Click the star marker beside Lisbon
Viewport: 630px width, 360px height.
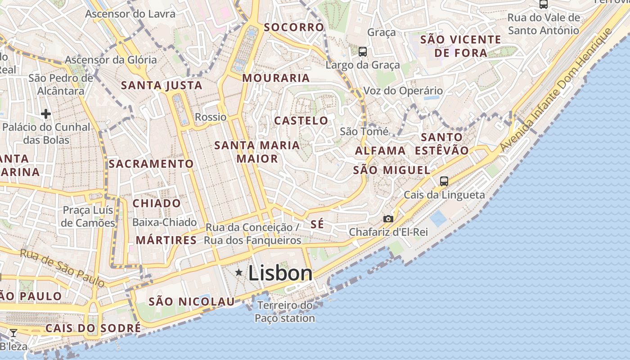tap(239, 272)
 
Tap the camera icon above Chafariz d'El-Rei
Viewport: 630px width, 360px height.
tap(388, 219)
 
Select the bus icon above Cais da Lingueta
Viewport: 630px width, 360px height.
tap(444, 181)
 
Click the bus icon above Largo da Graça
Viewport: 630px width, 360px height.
tap(363, 52)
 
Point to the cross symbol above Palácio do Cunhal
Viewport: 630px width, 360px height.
tap(45, 114)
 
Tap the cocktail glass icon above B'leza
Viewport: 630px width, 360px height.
tap(13, 333)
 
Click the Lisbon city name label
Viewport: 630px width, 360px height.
tap(280, 273)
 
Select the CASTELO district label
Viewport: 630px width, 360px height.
tap(301, 121)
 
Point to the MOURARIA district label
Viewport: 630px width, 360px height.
tap(276, 78)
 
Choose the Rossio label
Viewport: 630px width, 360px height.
tap(211, 117)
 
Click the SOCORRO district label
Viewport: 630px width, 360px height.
tap(294, 27)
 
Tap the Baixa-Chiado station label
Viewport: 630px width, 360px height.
tap(164, 222)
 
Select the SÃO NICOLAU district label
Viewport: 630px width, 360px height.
tap(192, 301)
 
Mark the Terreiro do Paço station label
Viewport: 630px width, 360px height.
tap(285, 312)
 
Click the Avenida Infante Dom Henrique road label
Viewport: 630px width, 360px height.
tap(556, 90)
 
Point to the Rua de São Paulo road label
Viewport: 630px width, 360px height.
tap(62, 268)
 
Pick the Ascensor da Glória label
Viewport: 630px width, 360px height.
tap(111, 59)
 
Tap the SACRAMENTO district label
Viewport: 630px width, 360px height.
tap(151, 164)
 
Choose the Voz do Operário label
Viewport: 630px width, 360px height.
tap(403, 90)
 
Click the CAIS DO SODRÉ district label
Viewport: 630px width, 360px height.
tap(93, 328)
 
